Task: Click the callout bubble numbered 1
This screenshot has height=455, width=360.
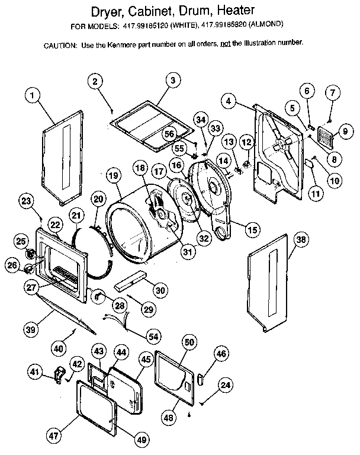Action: (x=34, y=94)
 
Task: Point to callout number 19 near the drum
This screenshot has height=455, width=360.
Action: (x=114, y=175)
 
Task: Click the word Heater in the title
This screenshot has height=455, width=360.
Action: (x=233, y=11)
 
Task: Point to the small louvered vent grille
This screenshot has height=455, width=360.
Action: (x=326, y=137)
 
